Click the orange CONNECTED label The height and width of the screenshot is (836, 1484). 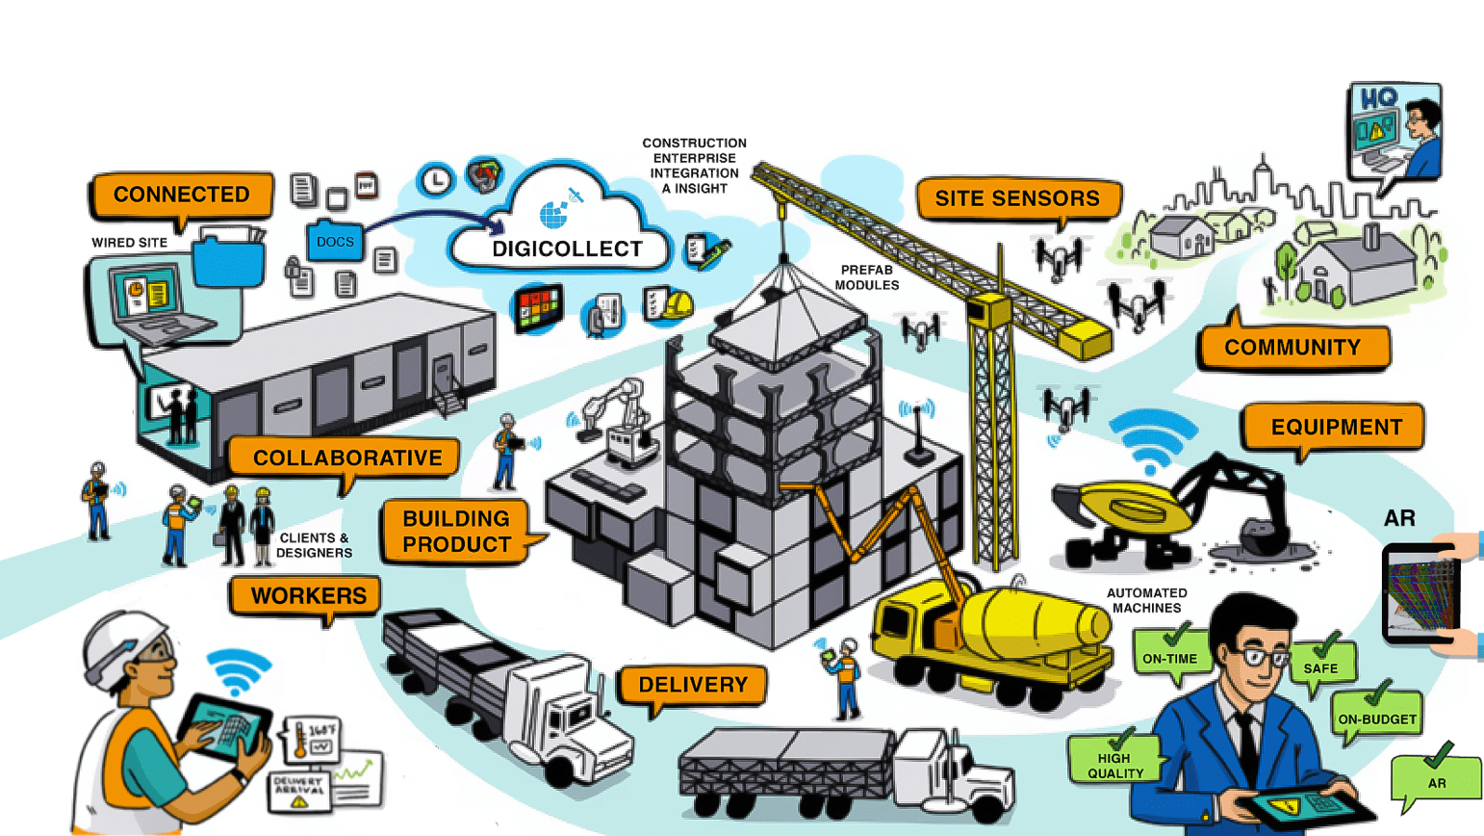pos(181,195)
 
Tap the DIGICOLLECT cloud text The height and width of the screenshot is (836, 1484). pos(567,249)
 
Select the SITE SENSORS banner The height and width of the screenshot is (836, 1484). pos(1017,199)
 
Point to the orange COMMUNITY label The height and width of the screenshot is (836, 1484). pos(1292,348)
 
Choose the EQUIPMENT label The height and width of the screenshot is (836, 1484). pos(1336,428)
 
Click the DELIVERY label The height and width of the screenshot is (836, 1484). pos(693,686)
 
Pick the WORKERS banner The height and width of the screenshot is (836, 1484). pos(308,596)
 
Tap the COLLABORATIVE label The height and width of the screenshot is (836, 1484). pos(347,458)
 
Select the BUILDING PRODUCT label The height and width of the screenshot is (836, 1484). pos(456,532)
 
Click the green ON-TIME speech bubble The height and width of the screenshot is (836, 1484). pos(1169,658)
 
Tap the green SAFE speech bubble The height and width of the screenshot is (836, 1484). pos(1320,666)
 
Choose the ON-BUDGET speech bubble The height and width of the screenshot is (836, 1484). pos(1376,718)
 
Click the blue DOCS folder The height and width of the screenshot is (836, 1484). pos(335,242)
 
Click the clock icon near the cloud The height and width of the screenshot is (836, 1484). pos(436,179)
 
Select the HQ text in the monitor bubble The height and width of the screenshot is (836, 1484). pos(1377,99)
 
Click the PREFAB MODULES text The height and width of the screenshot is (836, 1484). pos(866,277)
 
